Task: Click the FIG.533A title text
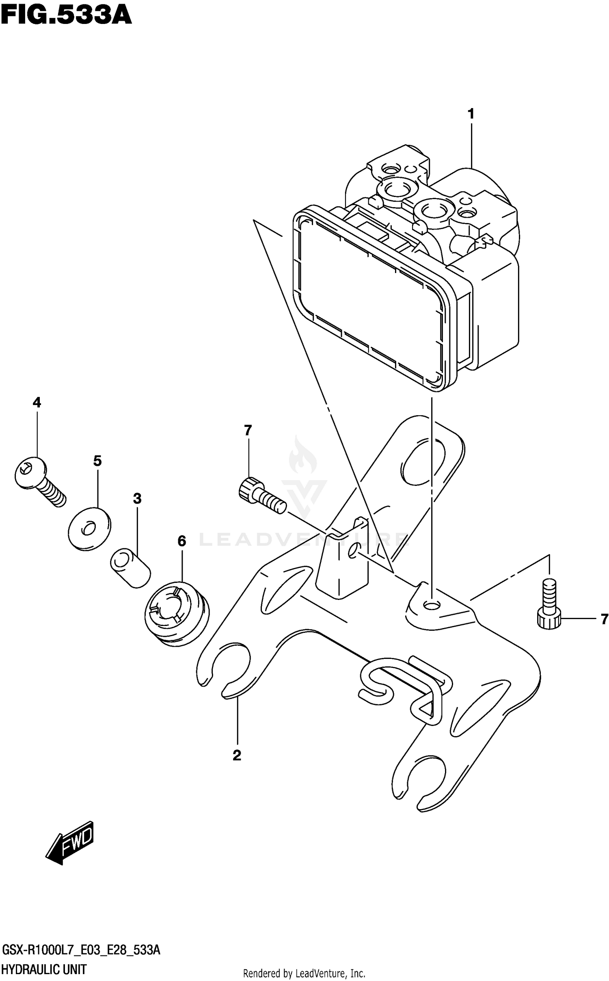click(66, 15)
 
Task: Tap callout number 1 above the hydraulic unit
click(471, 114)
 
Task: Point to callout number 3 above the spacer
click(137, 498)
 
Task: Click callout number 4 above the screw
click(37, 403)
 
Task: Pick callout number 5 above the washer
click(97, 461)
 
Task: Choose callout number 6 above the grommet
click(181, 541)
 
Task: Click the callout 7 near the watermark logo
click(248, 430)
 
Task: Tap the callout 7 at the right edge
click(604, 619)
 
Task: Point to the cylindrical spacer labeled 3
click(130, 567)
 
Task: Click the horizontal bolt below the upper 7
click(262, 496)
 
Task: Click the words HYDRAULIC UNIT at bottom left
click(44, 970)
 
